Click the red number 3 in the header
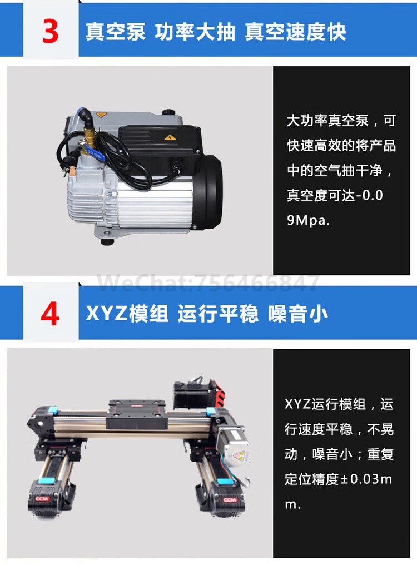[x=50, y=32]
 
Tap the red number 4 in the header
[x=50, y=314]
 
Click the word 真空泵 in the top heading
[x=115, y=32]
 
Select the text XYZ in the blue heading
[x=106, y=314]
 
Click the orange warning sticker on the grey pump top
[x=102, y=115]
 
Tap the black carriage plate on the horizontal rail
[x=137, y=414]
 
